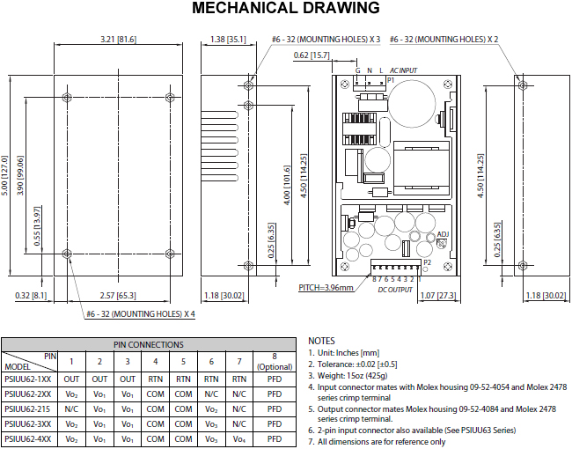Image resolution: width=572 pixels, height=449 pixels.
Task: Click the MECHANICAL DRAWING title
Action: pyautogui.click(x=286, y=8)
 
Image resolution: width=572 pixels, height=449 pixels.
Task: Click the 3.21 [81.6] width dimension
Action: pyautogui.click(x=118, y=39)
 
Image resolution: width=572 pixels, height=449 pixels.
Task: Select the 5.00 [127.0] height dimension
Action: pyautogui.click(x=4, y=175)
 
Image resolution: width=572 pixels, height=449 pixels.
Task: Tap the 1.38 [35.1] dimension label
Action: pyautogui.click(x=228, y=39)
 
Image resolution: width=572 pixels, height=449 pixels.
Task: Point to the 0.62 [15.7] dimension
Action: pyautogui.click(x=312, y=55)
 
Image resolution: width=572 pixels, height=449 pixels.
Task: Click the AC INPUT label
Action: pyautogui.click(x=403, y=70)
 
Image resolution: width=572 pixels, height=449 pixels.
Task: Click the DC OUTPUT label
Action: pyautogui.click(x=395, y=290)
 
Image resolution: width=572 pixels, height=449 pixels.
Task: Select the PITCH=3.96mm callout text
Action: pyautogui.click(x=326, y=288)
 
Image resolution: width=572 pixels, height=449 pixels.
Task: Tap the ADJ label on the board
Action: pyautogui.click(x=443, y=234)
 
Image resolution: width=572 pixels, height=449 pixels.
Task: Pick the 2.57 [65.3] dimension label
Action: pyautogui.click(x=118, y=295)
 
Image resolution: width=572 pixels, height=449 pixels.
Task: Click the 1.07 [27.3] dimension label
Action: pyautogui.click(x=438, y=295)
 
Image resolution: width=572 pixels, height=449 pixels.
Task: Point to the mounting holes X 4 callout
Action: pyautogui.click(x=141, y=314)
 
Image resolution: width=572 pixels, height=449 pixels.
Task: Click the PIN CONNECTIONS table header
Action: pyautogui.click(x=149, y=344)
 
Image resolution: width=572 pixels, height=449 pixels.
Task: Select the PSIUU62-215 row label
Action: pyautogui.click(x=27, y=409)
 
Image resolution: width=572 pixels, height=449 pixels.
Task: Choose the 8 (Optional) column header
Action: pyautogui.click(x=275, y=361)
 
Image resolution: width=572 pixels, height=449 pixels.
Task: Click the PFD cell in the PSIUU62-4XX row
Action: pyautogui.click(x=275, y=438)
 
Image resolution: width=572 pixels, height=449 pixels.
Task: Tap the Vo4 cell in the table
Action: pyautogui.click(x=239, y=439)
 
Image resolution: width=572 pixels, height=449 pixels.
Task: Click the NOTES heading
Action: pyautogui.click(x=321, y=341)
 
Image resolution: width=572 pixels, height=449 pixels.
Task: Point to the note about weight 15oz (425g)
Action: pyautogui.click(x=348, y=376)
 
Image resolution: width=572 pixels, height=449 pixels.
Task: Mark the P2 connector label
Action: pyautogui.click(x=427, y=262)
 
